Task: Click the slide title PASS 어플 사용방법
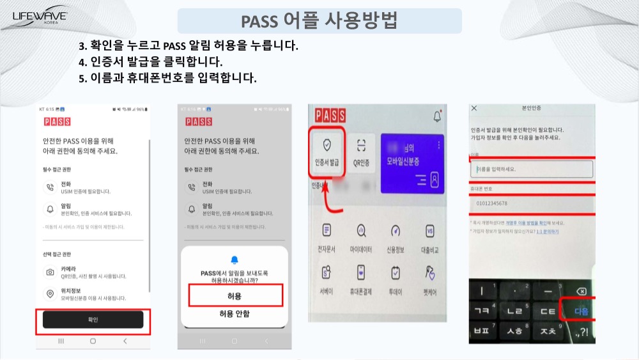[x=319, y=20]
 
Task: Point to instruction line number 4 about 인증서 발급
[x=151, y=62]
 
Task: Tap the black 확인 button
[x=93, y=320]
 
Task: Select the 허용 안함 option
[x=235, y=314]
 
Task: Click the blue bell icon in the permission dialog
[x=235, y=260]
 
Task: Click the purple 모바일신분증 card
[x=412, y=162]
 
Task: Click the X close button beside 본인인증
[x=474, y=109]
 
